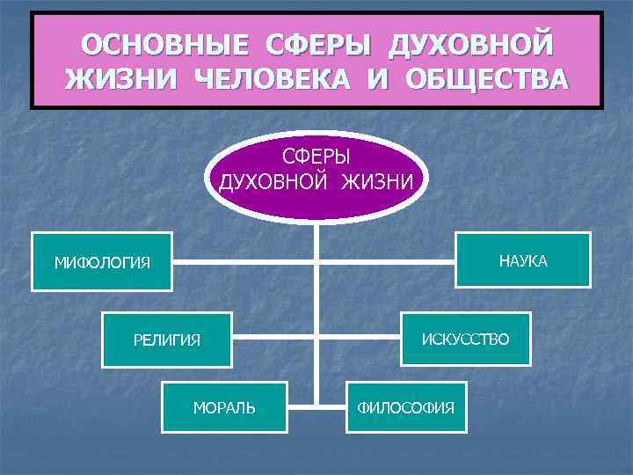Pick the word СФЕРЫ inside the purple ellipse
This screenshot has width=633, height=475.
pyautogui.click(x=316, y=157)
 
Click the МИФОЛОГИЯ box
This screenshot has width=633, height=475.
pyautogui.click(x=102, y=262)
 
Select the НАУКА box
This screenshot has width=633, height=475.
pyautogui.click(x=522, y=260)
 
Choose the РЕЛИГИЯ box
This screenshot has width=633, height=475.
pyautogui.click(x=167, y=340)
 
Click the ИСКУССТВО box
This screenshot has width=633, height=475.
pyautogui.click(x=465, y=340)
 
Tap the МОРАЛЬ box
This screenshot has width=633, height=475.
pyautogui.click(x=224, y=407)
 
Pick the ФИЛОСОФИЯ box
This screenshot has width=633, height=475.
pyautogui.click(x=405, y=407)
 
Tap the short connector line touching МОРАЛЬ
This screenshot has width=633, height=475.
pyautogui.click(x=301, y=406)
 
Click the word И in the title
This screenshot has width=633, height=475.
pyautogui.click(x=378, y=79)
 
